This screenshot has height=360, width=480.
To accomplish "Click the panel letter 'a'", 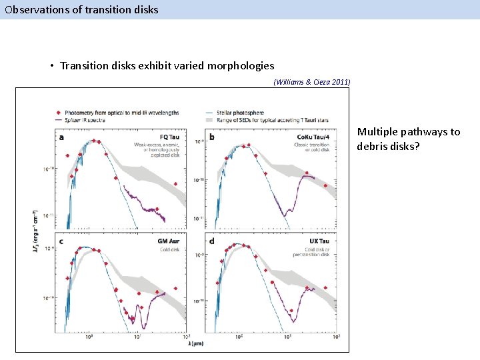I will point(63,138).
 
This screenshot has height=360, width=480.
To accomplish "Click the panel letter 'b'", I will point(212,138).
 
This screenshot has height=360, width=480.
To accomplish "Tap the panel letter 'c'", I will point(63,242).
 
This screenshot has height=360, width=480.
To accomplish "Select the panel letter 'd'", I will point(212,241).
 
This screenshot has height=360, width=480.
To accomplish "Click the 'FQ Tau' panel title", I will point(177,137).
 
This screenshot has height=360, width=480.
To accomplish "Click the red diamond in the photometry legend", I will point(60,112).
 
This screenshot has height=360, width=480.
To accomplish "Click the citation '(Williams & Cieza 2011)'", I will point(311,82).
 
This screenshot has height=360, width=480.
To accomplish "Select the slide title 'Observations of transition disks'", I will point(82,9).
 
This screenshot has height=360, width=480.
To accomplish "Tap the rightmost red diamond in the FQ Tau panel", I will point(175,184).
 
